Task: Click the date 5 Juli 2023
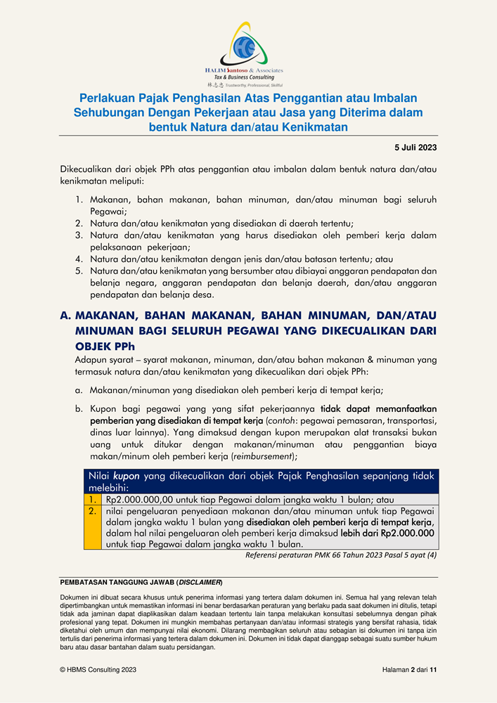coord(414,147)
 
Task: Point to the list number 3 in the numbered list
coord(79,235)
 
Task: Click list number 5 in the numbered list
coord(79,271)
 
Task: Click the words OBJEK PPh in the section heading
coord(105,346)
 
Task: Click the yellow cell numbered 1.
coord(93,499)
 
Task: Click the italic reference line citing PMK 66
coord(341,555)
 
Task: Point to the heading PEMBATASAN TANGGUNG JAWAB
coord(141,583)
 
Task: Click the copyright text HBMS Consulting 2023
coord(98,671)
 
